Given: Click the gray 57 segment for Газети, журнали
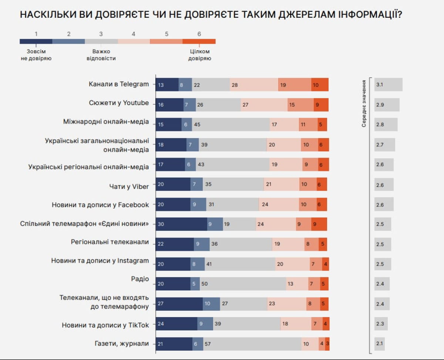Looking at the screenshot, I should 252,344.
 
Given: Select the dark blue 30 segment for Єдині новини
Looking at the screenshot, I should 181,224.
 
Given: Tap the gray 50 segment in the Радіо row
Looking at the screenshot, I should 243,284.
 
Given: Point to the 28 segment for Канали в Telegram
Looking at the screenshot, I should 254,85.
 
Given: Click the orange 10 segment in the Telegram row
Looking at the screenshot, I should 320,85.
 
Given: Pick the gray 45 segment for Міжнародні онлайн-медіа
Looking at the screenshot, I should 231,125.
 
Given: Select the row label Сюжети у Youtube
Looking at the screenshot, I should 119,103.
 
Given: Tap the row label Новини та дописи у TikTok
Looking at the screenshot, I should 105,325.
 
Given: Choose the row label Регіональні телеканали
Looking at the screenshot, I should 110,242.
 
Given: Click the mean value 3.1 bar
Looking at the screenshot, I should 388,85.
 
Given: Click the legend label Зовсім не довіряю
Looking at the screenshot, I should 36,55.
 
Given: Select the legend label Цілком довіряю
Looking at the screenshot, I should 199,55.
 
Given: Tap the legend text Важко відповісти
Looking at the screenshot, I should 101,55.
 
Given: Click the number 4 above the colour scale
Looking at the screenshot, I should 134,34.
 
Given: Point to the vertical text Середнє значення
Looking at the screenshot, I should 364,103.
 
